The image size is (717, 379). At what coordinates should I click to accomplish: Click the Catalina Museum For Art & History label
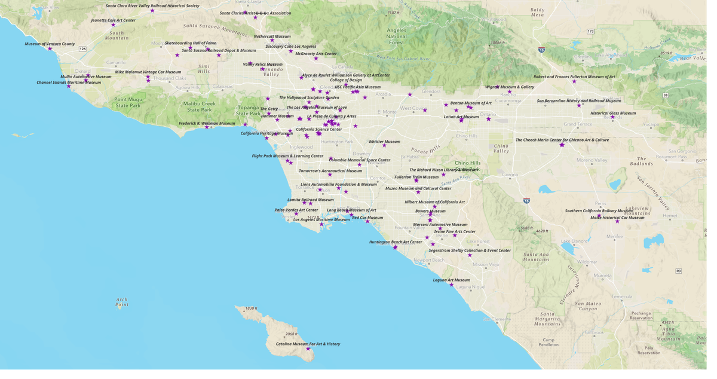pyautogui.click(x=308, y=344)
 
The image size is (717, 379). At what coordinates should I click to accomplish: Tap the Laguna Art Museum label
pyautogui.click(x=451, y=280)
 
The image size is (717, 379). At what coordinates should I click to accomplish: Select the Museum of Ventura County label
pyautogui.click(x=50, y=44)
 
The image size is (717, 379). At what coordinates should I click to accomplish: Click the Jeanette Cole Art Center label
pyautogui.click(x=113, y=20)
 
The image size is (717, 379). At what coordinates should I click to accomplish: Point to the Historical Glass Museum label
pyautogui.click(x=613, y=113)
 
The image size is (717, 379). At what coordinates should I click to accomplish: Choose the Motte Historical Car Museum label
pyautogui.click(x=617, y=218)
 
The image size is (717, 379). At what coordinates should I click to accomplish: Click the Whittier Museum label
pyautogui.click(x=384, y=142)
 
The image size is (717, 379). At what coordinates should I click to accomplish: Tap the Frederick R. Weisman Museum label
pyautogui.click(x=207, y=123)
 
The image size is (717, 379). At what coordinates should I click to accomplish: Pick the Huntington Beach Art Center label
pyautogui.click(x=396, y=242)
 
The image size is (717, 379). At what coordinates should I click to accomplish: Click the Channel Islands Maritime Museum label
pyautogui.click(x=69, y=82)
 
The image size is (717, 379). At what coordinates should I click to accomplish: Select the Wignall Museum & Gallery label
pyautogui.click(x=510, y=87)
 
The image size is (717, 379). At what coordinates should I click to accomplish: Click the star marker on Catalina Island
pyautogui.click(x=308, y=349)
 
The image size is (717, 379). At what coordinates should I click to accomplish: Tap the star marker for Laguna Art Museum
pyautogui.click(x=452, y=285)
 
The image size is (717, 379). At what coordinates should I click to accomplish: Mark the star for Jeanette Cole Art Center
pyautogui.click(x=113, y=25)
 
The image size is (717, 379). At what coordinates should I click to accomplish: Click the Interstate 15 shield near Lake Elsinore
pyautogui.click(x=526, y=201)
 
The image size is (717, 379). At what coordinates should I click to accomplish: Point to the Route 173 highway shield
pyautogui.click(x=590, y=31)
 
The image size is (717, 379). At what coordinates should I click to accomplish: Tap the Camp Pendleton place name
pyautogui.click(x=549, y=342)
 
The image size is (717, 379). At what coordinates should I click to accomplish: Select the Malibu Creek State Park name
pyautogui.click(x=200, y=106)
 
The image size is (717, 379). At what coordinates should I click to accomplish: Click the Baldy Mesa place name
pyautogui.click(x=537, y=12)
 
